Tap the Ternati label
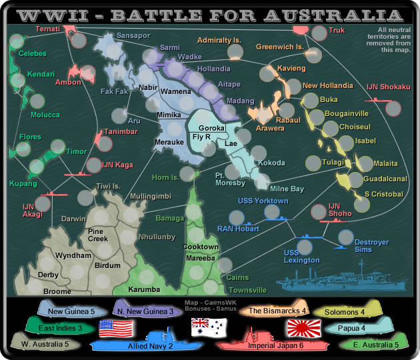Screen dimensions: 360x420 coord(49,30)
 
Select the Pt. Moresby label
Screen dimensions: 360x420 coord(230,179)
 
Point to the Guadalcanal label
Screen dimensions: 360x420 coord(385,179)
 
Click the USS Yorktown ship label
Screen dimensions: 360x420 coord(263,201)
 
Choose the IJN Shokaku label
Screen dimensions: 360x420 coord(387,87)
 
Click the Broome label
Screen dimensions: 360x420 coord(57,291)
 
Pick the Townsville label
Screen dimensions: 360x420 coord(247,290)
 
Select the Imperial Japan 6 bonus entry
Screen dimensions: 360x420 coord(263,346)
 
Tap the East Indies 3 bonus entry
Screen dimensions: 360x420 coord(60,328)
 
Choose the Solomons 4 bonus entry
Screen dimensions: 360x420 coord(344,311)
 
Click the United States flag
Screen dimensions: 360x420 coord(116,328)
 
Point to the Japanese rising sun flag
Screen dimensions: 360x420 coord(303,327)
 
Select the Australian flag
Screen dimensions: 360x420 coord(209,327)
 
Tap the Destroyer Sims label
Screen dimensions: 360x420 coord(371,245)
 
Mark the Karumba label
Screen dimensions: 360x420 coord(144,289)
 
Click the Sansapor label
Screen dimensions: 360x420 coord(131,35)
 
